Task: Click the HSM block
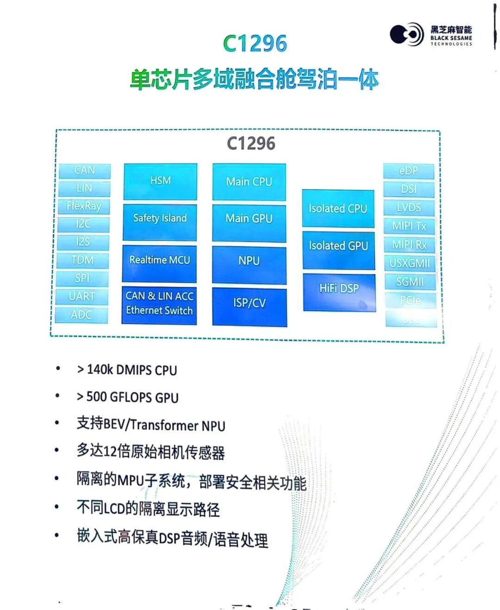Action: pyautogui.click(x=160, y=181)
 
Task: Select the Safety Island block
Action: pyautogui.click(x=160, y=218)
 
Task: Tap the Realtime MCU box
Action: pyautogui.click(x=159, y=260)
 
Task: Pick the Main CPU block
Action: pyautogui.click(x=249, y=182)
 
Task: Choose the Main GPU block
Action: pyautogui.click(x=249, y=219)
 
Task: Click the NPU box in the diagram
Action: pyautogui.click(x=249, y=261)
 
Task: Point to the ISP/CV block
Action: pyautogui.click(x=250, y=303)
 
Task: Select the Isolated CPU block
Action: pyautogui.click(x=338, y=209)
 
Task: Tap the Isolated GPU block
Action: pyautogui.click(x=338, y=246)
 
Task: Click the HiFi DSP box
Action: pyautogui.click(x=339, y=289)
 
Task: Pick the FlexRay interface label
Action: pyautogui.click(x=84, y=206)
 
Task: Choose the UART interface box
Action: pyautogui.click(x=82, y=296)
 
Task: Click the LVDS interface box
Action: pyautogui.click(x=409, y=208)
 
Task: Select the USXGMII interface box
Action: pyautogui.click(x=410, y=264)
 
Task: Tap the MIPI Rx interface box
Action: pyautogui.click(x=409, y=245)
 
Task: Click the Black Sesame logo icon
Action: pyautogui.click(x=406, y=34)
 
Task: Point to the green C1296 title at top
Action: pyautogui.click(x=255, y=44)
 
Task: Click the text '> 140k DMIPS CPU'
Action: pyautogui.click(x=127, y=370)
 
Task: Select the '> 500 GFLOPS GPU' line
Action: pyautogui.click(x=127, y=397)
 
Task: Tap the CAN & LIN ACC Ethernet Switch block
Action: pyautogui.click(x=159, y=303)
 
